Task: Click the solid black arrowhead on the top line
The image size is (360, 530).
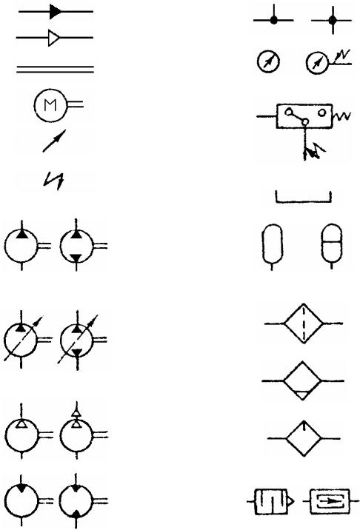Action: pyautogui.click(x=56, y=12)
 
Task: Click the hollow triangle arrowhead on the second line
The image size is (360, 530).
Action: pyautogui.click(x=54, y=38)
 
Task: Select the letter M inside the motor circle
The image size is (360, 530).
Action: pyautogui.click(x=50, y=105)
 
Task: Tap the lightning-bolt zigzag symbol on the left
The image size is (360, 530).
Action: pyautogui.click(x=54, y=181)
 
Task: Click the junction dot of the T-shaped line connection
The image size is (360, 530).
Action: pyautogui.click(x=274, y=21)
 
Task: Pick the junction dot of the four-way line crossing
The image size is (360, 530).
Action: pyautogui.click(x=333, y=21)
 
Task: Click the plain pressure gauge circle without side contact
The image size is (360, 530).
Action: pyautogui.click(x=268, y=62)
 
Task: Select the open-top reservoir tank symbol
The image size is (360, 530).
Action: pyautogui.click(x=304, y=198)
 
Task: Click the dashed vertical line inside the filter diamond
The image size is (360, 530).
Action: pyautogui.click(x=304, y=323)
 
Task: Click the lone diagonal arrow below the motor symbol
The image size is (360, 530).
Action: pyautogui.click(x=54, y=141)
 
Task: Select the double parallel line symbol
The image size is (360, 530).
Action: pyautogui.click(x=55, y=70)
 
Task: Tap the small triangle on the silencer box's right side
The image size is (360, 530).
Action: pyautogui.click(x=290, y=502)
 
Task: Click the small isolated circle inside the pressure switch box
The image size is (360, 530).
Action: pyautogui.click(x=321, y=113)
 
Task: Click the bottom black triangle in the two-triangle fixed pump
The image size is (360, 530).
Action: pyautogui.click(x=76, y=258)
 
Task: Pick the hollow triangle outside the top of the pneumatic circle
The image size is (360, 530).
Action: pyautogui.click(x=77, y=412)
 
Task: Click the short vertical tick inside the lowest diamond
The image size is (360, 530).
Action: pyautogui.click(x=304, y=426)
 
